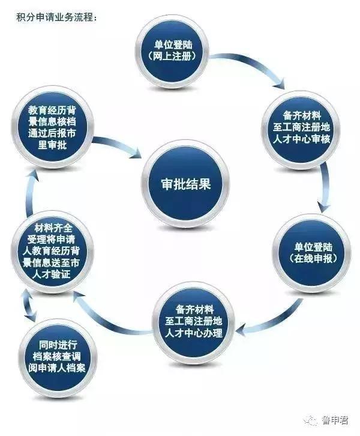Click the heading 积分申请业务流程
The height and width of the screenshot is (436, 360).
coord(56,17)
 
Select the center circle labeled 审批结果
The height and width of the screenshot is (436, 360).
coord(185,184)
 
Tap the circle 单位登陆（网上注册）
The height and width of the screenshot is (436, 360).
coord(173,51)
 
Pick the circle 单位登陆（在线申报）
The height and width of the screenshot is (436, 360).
coord(312,253)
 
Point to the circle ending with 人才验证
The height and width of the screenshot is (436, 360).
coord(52,252)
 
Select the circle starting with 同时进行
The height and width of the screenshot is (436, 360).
coord(58,357)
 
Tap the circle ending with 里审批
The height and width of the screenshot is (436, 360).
coord(52,127)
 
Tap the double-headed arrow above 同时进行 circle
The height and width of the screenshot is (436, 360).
coord(29,305)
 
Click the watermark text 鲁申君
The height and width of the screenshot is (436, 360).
coord(335,420)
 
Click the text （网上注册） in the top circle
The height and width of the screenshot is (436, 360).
coord(173,56)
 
